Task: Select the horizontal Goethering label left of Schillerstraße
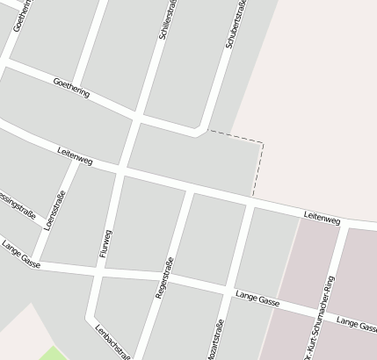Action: coord(71,88)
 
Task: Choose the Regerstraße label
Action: coord(164,279)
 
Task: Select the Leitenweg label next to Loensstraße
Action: coord(75,155)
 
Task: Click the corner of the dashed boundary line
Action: coord(262,142)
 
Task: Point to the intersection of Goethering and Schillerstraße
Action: coord(137,116)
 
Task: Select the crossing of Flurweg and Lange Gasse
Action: coord(98,269)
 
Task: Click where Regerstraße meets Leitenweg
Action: coord(189,189)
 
